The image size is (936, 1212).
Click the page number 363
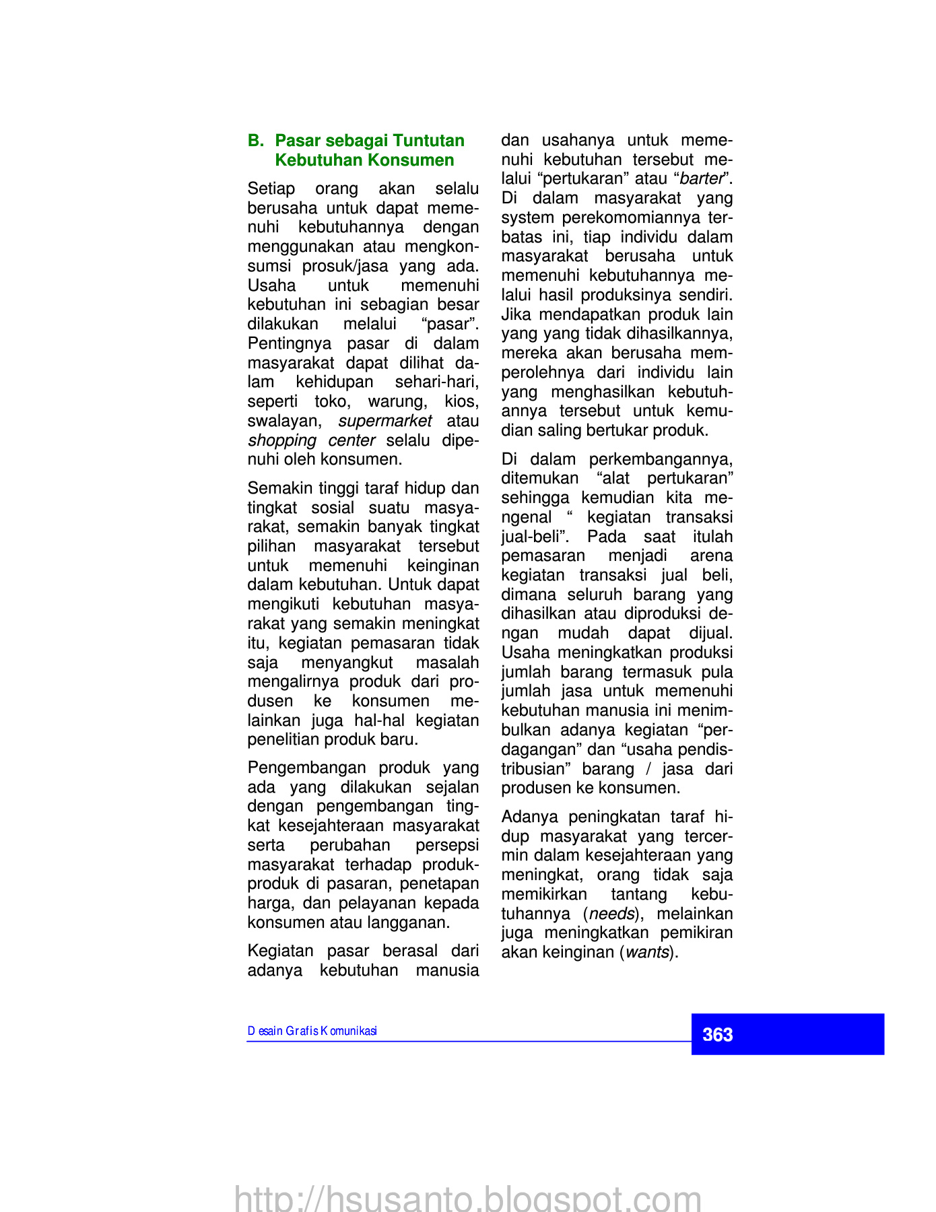coord(717,1035)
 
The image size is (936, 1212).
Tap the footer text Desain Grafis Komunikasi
coord(312,1031)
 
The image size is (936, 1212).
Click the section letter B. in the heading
coord(256,141)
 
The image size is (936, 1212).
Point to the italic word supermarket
coord(385,421)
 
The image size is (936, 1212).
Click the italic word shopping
coord(282,440)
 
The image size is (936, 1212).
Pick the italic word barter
coord(701,179)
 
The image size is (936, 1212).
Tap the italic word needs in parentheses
coord(612,914)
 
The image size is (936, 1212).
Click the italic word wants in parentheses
coord(647,953)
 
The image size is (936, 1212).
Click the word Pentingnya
coord(290,343)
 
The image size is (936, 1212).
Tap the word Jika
coord(516,314)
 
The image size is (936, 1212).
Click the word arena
coord(711,555)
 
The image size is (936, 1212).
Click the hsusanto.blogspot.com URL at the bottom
coord(468,1199)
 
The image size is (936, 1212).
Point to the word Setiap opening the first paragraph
coord(271,189)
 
